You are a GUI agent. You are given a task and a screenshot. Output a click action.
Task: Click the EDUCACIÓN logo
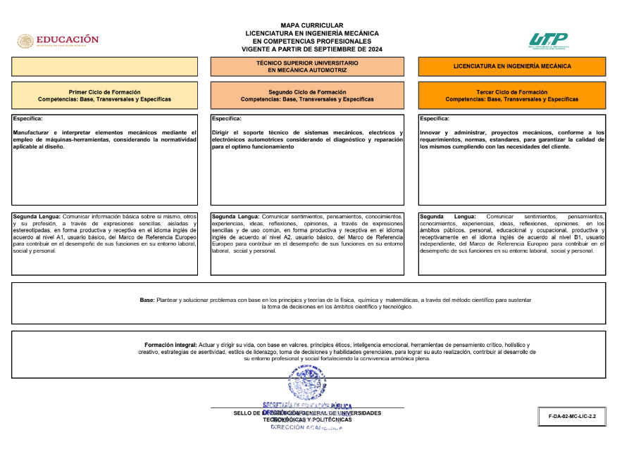[x=58, y=40]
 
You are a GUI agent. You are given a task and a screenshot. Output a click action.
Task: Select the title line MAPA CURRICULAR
[x=311, y=25]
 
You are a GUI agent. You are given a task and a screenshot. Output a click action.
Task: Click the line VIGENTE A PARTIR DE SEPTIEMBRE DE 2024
[x=311, y=50]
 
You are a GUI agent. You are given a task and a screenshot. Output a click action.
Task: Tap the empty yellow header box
[x=104, y=66]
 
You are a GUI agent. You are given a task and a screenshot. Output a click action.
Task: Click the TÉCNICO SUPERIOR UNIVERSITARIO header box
[x=307, y=66]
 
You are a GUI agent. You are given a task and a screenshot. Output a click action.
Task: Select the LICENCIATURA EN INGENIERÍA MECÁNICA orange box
[x=511, y=66]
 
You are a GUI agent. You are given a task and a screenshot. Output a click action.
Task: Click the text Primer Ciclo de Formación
[x=104, y=92]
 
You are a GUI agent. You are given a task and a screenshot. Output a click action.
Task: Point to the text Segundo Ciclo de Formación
[x=307, y=92]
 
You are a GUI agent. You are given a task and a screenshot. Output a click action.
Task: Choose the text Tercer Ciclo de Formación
[x=511, y=92]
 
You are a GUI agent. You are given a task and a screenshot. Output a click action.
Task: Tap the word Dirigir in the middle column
[x=222, y=132]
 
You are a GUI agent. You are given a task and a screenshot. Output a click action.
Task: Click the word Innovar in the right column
[x=431, y=132]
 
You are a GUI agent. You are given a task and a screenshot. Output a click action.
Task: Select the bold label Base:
[x=147, y=300]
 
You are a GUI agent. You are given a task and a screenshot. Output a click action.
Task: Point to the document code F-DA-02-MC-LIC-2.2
[x=572, y=417]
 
